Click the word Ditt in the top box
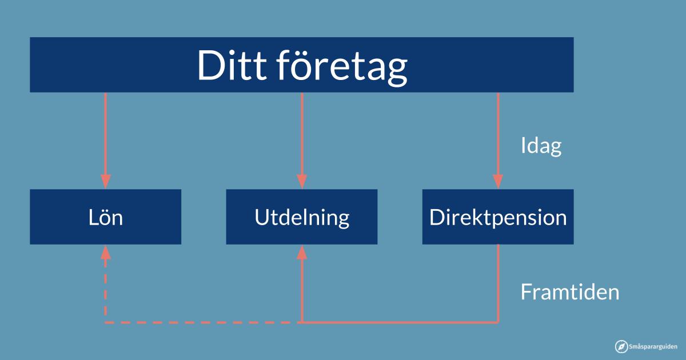pos(232,65)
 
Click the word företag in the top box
pos(342,67)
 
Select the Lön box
pos(106,217)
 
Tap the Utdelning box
pos(302,217)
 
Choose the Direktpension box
pos(498,217)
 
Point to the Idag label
pos(541,146)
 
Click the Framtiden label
pos(569,292)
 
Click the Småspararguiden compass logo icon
pos(621,346)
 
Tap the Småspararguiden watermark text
pos(653,346)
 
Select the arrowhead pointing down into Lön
pos(106,182)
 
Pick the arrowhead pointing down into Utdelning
pos(302,182)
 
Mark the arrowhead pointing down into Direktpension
pos(498,182)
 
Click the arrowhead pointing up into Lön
pos(106,252)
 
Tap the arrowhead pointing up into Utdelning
pos(302,252)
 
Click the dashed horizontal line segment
pos(202,322)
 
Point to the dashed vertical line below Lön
pos(106,291)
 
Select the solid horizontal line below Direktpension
pos(400,322)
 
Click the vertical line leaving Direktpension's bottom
pos(498,283)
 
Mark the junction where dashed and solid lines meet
pos(302,322)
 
